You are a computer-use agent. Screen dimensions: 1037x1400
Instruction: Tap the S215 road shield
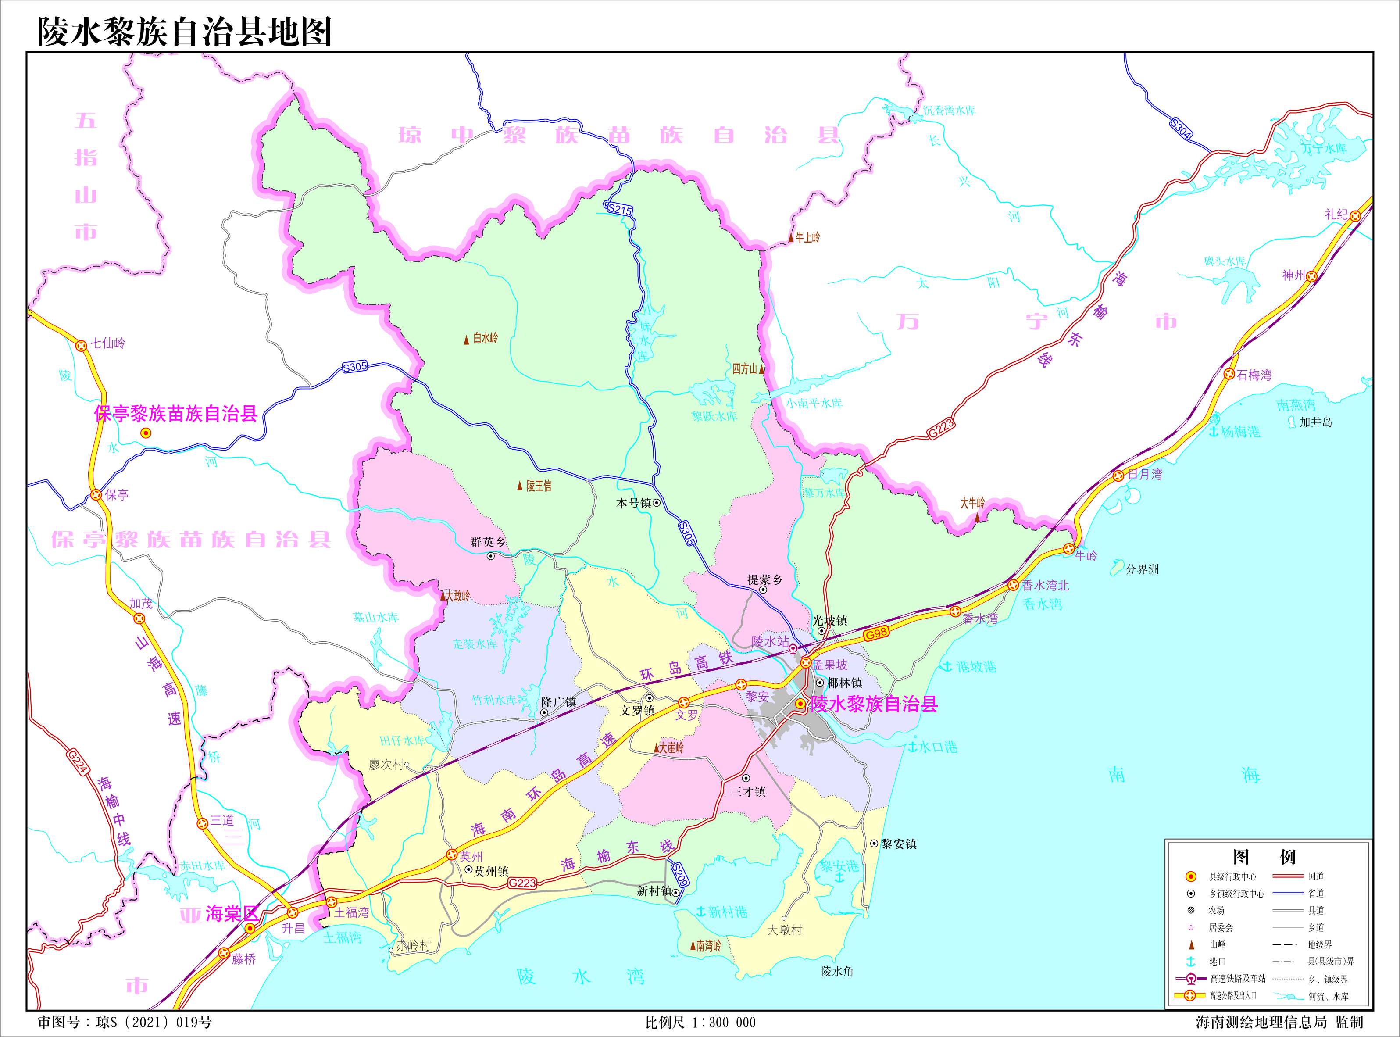[x=619, y=210]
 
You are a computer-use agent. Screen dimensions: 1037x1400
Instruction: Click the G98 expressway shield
[x=875, y=633]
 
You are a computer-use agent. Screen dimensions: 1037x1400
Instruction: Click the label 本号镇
[x=633, y=503]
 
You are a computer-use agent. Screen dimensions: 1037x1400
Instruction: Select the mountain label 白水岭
[x=485, y=338]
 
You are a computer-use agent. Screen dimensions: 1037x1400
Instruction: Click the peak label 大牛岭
[x=972, y=503]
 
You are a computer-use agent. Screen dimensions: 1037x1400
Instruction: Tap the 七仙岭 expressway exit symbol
[x=81, y=345]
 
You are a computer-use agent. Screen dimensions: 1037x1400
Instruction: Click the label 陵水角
[x=837, y=971]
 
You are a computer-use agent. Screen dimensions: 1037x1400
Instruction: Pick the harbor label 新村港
[x=727, y=912]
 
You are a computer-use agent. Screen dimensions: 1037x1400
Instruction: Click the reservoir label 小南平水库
[x=814, y=403]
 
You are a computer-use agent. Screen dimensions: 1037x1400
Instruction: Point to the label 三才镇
[x=747, y=791]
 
